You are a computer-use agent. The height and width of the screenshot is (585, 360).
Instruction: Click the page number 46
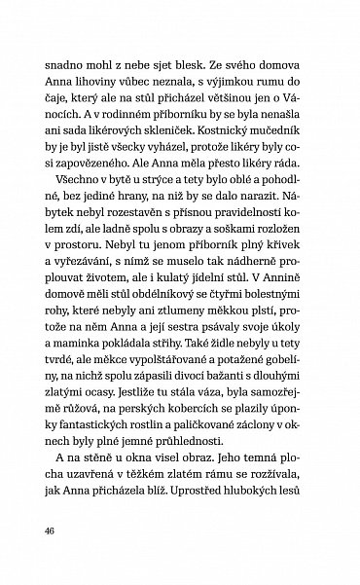point(50,531)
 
